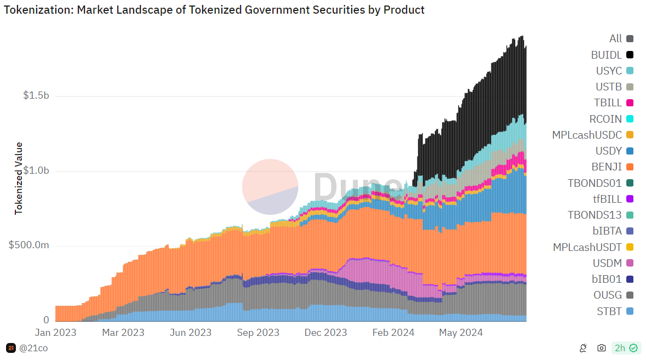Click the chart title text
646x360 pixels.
click(214, 10)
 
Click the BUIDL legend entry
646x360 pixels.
click(613, 55)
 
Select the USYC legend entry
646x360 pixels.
click(615, 71)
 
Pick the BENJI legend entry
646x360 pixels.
click(613, 167)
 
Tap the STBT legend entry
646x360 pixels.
click(615, 311)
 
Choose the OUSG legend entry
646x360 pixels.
click(614, 295)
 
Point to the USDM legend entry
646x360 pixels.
click(614, 263)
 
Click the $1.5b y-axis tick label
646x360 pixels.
click(36, 96)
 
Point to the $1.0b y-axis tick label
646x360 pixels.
click(36, 171)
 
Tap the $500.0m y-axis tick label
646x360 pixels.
click(29, 245)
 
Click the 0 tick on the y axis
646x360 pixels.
click(46, 320)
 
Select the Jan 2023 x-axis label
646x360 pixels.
click(55, 333)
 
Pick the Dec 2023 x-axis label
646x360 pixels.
click(327, 333)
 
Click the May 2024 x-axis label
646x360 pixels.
click(461, 333)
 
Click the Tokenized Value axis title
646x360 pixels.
click(19, 178)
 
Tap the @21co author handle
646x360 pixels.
click(32, 348)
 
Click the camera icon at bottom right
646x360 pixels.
click(602, 348)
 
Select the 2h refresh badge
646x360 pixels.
click(626, 348)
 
